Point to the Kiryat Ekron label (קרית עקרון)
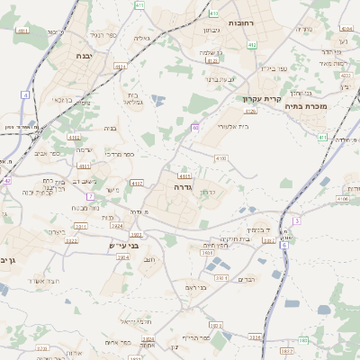tap(263, 97)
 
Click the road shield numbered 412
tap(251, 44)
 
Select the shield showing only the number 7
tap(90, 196)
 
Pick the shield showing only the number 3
tap(297, 220)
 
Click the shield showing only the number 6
tap(283, 245)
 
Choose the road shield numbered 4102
tap(72, 138)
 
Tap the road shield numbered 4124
tap(250, 112)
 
